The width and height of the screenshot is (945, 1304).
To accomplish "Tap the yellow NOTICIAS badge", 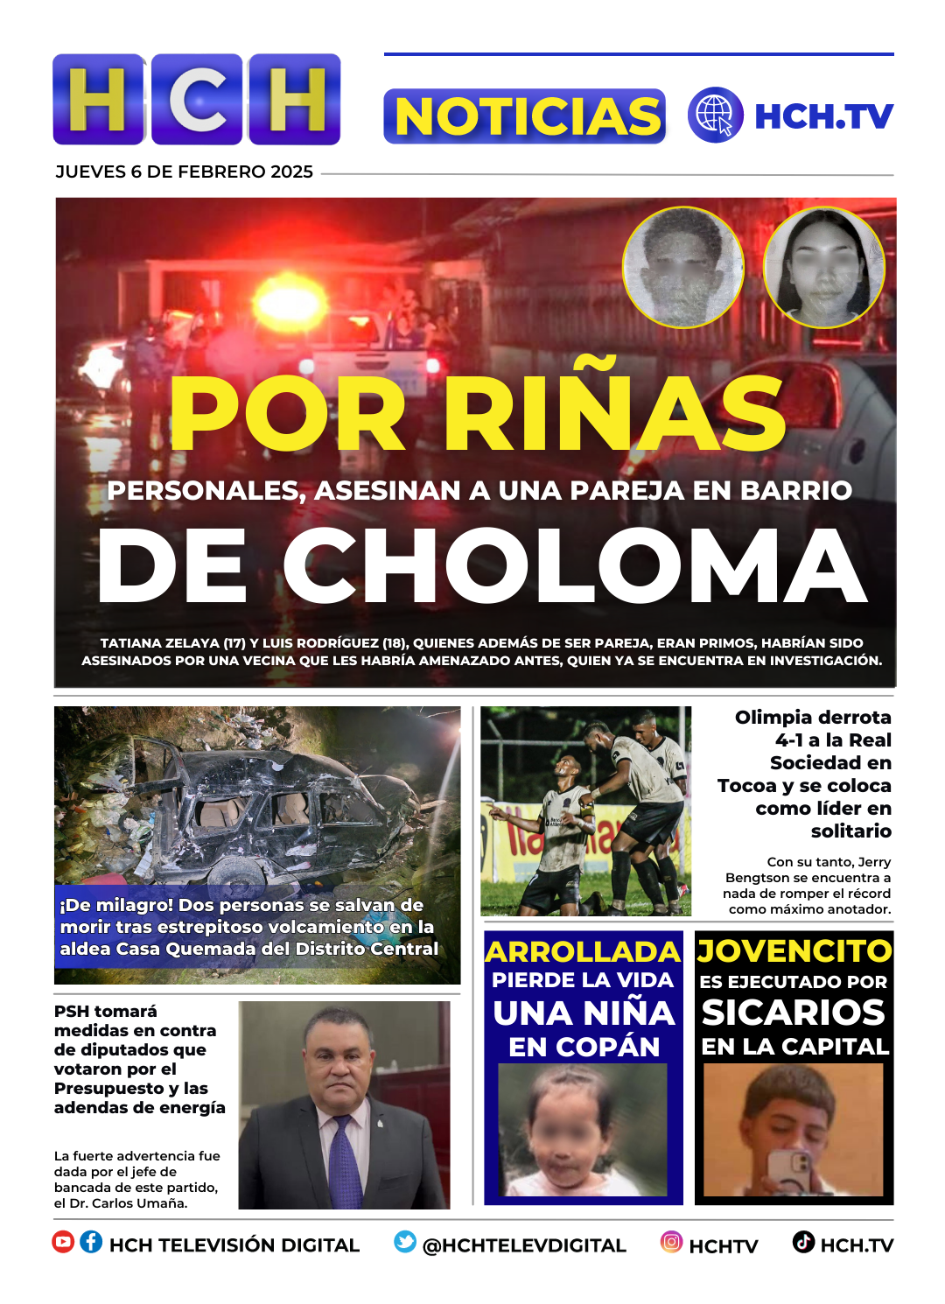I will coord(525,116).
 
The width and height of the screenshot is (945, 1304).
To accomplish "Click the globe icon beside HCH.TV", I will coord(715,116).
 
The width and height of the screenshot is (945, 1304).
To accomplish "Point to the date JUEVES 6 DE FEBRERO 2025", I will coord(184,172).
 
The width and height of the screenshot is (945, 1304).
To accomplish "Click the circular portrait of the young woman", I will coord(823,267).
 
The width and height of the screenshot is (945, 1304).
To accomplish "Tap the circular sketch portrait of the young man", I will coord(682,267).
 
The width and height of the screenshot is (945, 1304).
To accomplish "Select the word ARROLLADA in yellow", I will coord(583,951).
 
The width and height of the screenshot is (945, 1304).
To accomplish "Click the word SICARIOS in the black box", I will coord(794,1013).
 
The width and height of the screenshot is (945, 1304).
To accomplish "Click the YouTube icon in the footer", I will coord(63,1242).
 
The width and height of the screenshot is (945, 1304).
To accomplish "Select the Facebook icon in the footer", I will coord(91,1242).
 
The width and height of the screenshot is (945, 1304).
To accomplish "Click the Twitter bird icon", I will coord(405,1242).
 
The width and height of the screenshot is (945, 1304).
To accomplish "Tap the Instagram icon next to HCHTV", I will coord(671,1242).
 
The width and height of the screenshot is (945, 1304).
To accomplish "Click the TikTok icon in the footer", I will coord(803,1242).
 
